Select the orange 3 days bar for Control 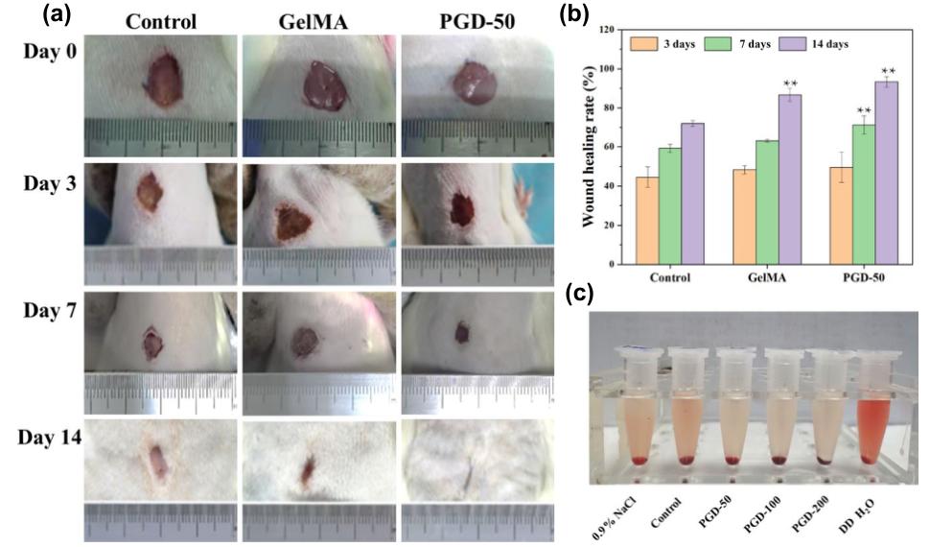click(647, 221)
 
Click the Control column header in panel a click(158, 21)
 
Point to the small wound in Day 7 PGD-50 click(462, 332)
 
